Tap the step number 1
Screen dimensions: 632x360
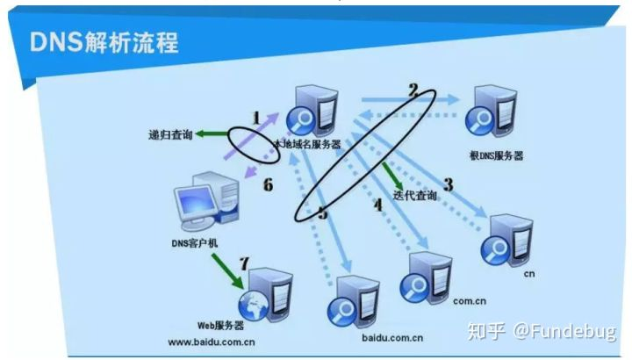click(x=256, y=117)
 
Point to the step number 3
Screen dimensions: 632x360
click(x=448, y=185)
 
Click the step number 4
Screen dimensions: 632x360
click(x=378, y=206)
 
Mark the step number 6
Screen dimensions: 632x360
click(x=268, y=185)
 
